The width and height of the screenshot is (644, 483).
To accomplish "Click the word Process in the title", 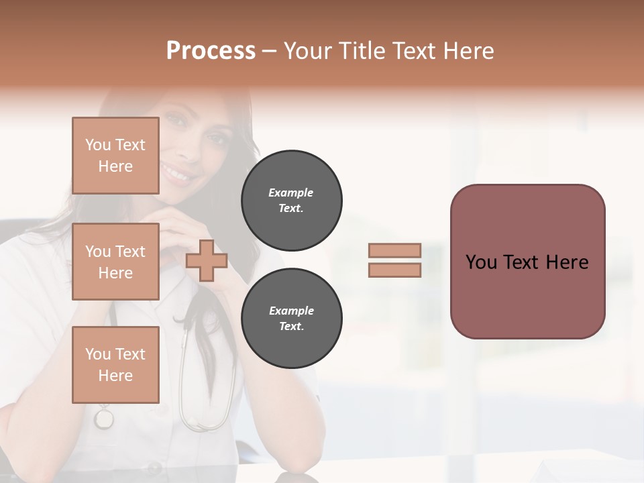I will coord(211,50).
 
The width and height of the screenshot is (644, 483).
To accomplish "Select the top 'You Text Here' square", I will coord(115,156).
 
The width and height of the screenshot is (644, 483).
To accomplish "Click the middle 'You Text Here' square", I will coord(115,262).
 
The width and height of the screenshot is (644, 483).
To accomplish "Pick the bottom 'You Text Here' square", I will coord(115,364).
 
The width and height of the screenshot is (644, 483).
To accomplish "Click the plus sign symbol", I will coord(207,260).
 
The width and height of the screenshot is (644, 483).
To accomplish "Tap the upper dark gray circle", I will coord(291,200).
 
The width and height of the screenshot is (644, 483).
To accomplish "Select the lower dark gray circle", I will coord(291,319).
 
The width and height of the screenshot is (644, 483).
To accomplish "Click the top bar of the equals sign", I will coord(394,250).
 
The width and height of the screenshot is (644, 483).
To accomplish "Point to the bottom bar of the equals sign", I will coord(394,270).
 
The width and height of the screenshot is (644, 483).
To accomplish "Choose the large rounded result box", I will coord(527,262).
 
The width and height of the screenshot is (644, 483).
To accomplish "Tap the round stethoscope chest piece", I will coord(104,419).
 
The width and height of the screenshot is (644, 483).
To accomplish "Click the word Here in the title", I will coord(469,50).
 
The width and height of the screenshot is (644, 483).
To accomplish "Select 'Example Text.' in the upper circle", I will coord(291,200).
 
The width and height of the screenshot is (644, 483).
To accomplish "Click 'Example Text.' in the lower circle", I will coord(291,319).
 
